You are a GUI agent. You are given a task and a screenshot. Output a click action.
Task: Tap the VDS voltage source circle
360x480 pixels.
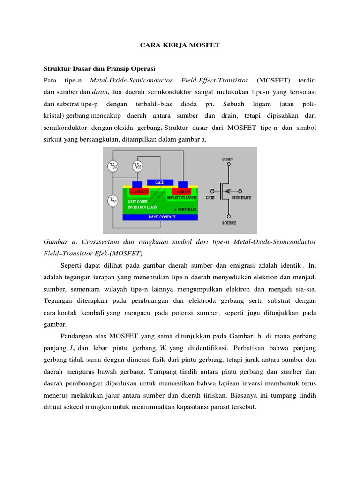tap(113, 166)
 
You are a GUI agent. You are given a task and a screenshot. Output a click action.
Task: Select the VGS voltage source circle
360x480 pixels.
tap(137, 166)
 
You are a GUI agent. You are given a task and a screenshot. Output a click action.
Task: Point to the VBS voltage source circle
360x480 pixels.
tap(113, 201)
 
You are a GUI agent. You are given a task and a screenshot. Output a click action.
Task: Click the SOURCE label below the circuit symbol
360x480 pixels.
tap(228, 223)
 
